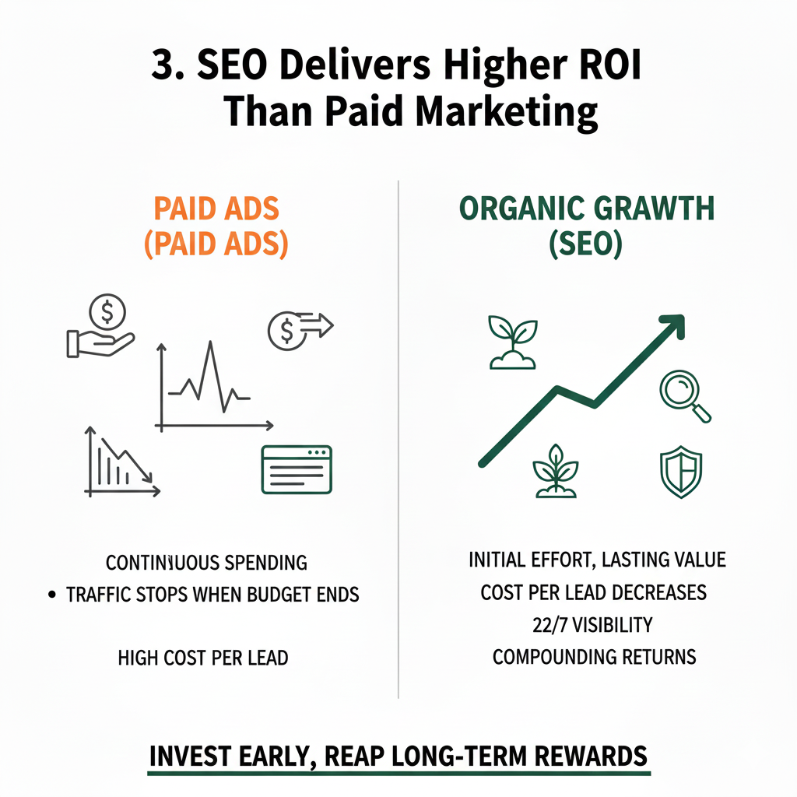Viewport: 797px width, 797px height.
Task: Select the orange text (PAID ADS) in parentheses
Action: [x=216, y=244]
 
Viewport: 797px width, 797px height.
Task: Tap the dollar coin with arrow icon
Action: [x=297, y=330]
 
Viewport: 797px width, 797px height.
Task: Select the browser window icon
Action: [x=297, y=469]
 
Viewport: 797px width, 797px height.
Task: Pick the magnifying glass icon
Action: [x=684, y=396]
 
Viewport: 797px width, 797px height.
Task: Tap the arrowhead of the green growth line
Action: [x=672, y=325]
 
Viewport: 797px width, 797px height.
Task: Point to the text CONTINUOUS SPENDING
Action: [x=206, y=562]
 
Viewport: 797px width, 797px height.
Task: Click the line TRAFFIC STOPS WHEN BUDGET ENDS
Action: [x=212, y=595]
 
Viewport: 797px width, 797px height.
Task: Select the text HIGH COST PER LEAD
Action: [x=203, y=658]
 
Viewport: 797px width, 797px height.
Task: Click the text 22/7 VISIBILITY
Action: [x=594, y=624]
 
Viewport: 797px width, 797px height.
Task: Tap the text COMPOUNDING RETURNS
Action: [x=594, y=656]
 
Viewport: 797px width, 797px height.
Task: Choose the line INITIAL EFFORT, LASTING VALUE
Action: [x=598, y=560]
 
